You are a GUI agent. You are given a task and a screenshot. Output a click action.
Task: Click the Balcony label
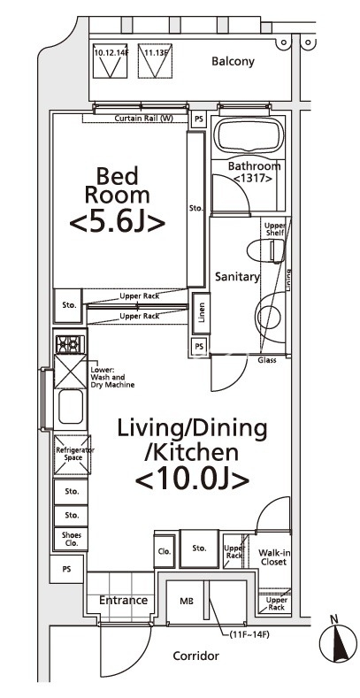[233, 62]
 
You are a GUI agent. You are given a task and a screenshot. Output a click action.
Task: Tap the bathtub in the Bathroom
[248, 138]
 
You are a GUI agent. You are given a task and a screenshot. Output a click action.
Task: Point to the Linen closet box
[201, 311]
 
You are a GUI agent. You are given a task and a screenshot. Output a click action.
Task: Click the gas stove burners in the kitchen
[71, 344]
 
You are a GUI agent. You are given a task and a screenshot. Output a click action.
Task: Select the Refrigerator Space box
[71, 456]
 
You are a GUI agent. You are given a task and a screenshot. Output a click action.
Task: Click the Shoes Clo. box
[71, 538]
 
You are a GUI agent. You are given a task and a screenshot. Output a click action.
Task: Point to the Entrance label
[123, 601]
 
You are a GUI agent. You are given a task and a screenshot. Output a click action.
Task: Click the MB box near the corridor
[188, 601]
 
